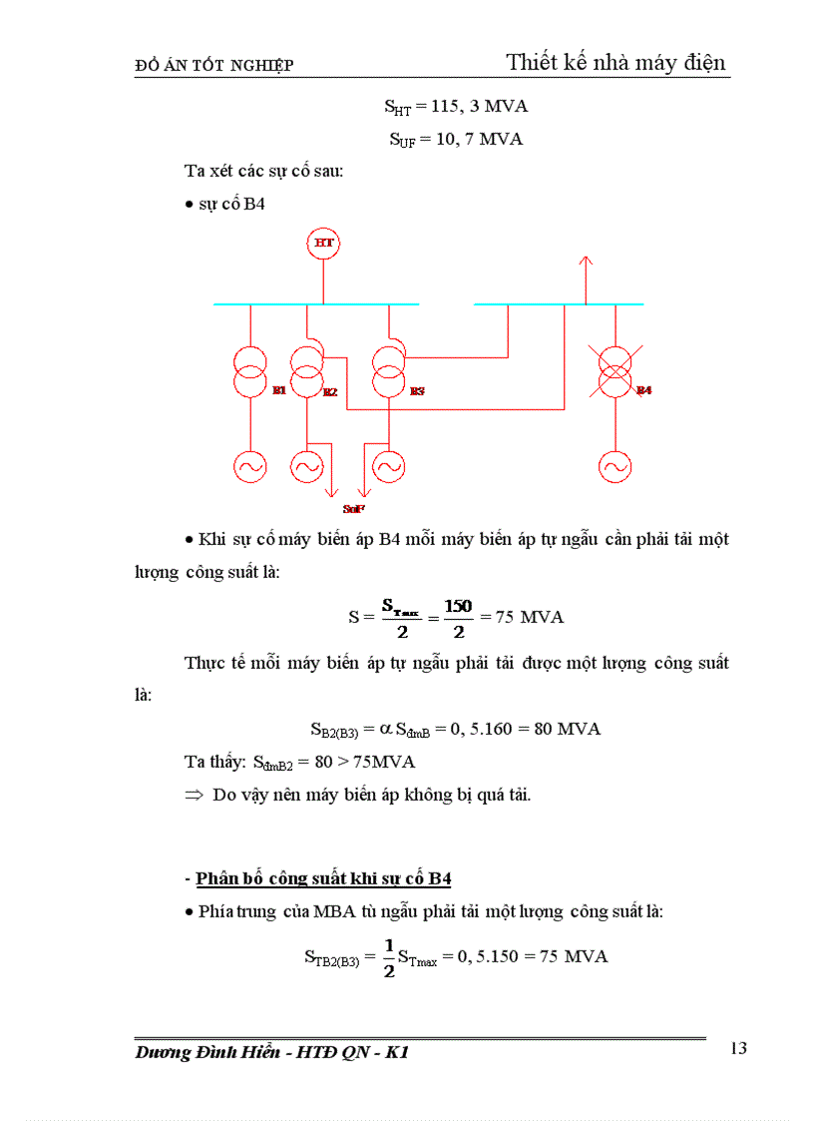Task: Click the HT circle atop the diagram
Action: pyautogui.click(x=323, y=243)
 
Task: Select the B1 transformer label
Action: pyautogui.click(x=279, y=390)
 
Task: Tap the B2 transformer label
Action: pyautogui.click(x=330, y=392)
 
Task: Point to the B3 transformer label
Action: pyautogui.click(x=417, y=391)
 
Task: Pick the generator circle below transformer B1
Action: pyautogui.click(x=249, y=465)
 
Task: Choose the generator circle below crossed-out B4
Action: pyautogui.click(x=615, y=465)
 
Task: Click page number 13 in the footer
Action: pyautogui.click(x=738, y=1048)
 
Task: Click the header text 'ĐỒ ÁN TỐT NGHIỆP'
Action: pyautogui.click(x=213, y=66)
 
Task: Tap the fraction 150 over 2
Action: pyautogui.click(x=459, y=617)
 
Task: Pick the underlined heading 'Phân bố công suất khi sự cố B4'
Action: pyautogui.click(x=323, y=878)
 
